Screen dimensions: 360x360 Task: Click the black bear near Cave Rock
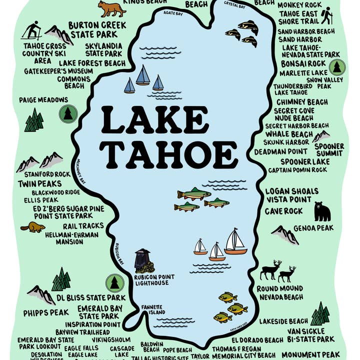coord(322,212)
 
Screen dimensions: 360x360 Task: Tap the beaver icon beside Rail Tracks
coord(32,227)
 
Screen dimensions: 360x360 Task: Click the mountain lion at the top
coord(111,8)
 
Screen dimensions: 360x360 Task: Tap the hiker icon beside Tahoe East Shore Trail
coord(326,15)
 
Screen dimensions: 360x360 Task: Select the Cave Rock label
coord(284,211)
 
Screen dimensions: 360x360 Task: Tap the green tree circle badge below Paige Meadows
coord(66,114)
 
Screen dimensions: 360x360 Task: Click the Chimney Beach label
coord(301,102)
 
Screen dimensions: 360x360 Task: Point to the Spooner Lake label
coord(304,161)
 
